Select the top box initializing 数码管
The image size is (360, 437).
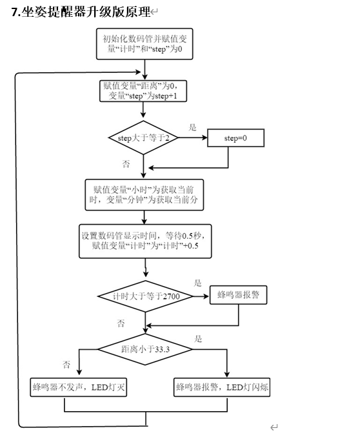click(145, 44)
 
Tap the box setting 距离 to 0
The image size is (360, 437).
click(143, 91)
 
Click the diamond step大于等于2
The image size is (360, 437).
click(143, 137)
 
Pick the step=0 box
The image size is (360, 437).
click(235, 138)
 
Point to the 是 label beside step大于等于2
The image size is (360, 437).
click(192, 127)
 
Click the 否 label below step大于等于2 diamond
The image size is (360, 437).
click(126, 163)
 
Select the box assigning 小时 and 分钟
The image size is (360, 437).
click(144, 195)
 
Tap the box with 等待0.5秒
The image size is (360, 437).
click(145, 241)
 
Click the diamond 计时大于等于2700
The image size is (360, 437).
click(145, 296)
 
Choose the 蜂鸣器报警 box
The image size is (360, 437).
click(238, 295)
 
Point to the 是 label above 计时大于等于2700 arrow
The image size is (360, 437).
click(197, 283)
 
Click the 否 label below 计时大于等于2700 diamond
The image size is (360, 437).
click(121, 323)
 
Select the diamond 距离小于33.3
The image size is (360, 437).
click(145, 349)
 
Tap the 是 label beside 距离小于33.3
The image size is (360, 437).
click(198, 339)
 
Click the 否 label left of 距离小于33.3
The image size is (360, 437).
click(66, 365)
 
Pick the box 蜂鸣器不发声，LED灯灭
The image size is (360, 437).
click(78, 387)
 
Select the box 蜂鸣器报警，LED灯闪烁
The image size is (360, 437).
click(222, 387)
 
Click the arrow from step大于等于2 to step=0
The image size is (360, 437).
click(193, 137)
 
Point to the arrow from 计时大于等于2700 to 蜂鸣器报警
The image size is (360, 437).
click(201, 296)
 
